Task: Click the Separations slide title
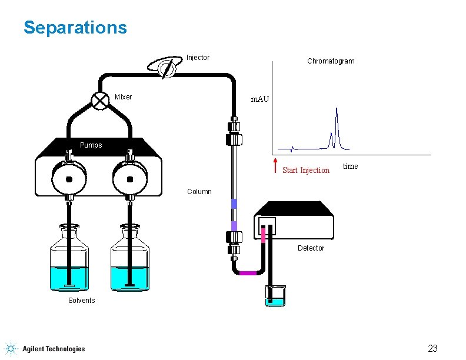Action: pyautogui.click(x=75, y=28)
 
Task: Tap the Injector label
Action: pyautogui.click(x=198, y=58)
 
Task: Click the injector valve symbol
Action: pyautogui.click(x=167, y=68)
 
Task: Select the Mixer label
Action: pyautogui.click(x=123, y=97)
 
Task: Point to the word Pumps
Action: pyautogui.click(x=91, y=145)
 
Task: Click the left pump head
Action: pyautogui.click(x=69, y=179)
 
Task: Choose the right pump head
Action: pyautogui.click(x=129, y=179)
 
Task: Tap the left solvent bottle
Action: pyautogui.click(x=69, y=261)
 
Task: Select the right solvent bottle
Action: pyautogui.click(x=130, y=261)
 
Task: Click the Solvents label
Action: pyautogui.click(x=81, y=301)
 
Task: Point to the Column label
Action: pyautogui.click(x=199, y=192)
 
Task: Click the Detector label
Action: pyautogui.click(x=311, y=248)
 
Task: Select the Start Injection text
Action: pyautogui.click(x=306, y=171)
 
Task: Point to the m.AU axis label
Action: pyautogui.click(x=259, y=99)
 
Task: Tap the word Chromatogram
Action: pyautogui.click(x=331, y=61)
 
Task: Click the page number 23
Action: pyautogui.click(x=432, y=348)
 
